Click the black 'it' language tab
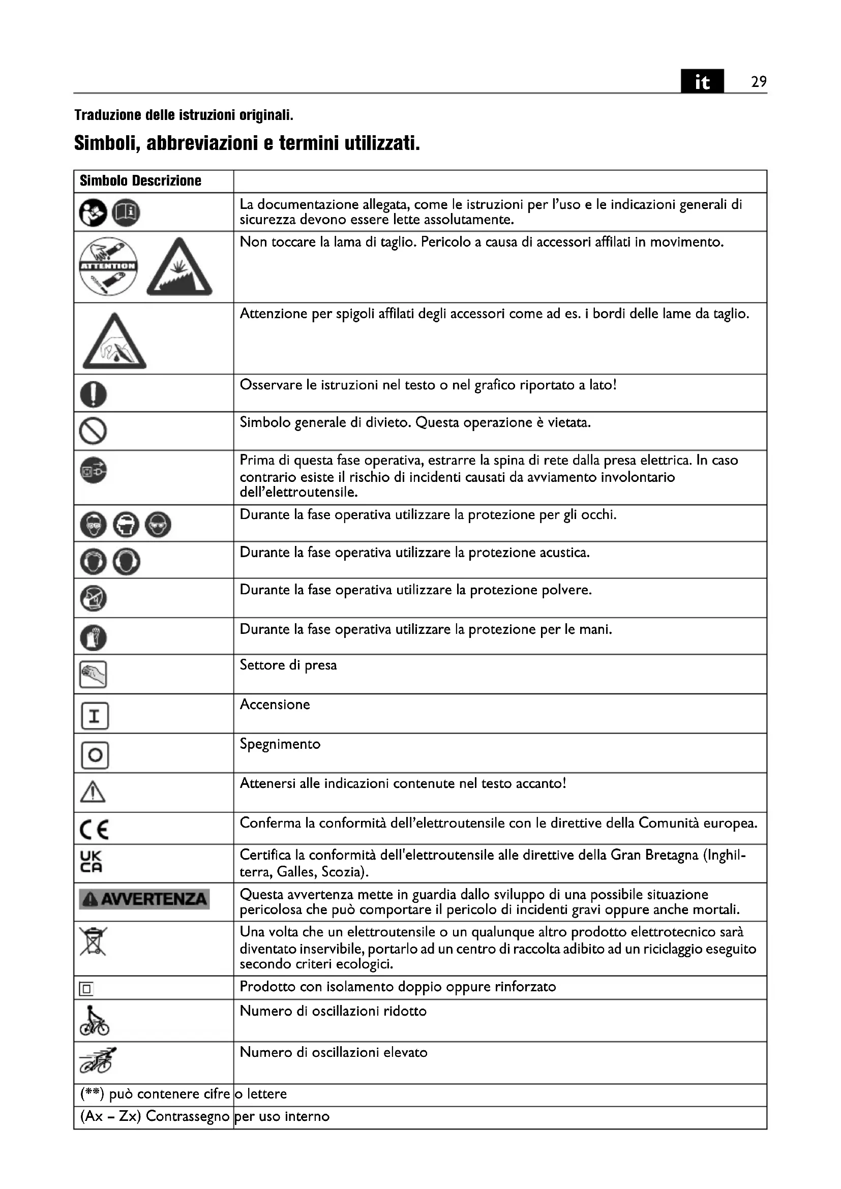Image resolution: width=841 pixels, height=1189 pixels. click(702, 82)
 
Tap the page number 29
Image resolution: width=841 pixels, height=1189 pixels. click(759, 82)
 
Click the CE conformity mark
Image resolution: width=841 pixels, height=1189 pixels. click(94, 830)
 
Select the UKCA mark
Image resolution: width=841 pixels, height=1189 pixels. click(91, 862)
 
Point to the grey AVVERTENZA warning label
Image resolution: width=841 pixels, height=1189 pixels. click(144, 899)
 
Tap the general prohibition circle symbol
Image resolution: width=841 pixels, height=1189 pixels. click(93, 431)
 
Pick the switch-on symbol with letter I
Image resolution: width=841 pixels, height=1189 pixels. click(95, 716)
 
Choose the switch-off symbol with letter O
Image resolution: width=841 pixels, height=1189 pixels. click(95, 755)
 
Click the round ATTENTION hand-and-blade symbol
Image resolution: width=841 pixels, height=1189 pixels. click(108, 266)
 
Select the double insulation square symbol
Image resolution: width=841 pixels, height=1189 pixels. click(86, 989)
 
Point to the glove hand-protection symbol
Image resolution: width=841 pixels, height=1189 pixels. click(93, 637)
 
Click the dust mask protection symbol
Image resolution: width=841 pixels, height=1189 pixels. click(93, 599)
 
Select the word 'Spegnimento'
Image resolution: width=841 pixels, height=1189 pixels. click(280, 744)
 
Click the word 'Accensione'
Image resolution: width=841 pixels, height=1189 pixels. click(275, 704)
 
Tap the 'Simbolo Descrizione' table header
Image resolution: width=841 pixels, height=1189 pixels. click(140, 181)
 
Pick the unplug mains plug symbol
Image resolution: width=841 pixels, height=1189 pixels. click(93, 471)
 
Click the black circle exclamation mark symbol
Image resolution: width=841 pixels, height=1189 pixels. click(93, 394)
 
